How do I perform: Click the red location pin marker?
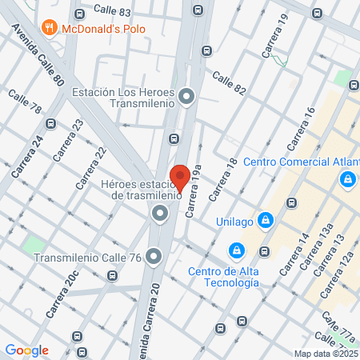click(179, 178)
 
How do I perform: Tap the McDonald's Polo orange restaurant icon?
click(50, 29)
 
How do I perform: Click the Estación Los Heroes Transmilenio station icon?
click(187, 98)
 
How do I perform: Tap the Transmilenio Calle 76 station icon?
click(154, 257)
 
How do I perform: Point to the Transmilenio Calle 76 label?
click(88, 258)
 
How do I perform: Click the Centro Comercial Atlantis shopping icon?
click(348, 181)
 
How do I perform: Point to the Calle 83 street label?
click(112, 10)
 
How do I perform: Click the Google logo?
click(26, 350)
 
